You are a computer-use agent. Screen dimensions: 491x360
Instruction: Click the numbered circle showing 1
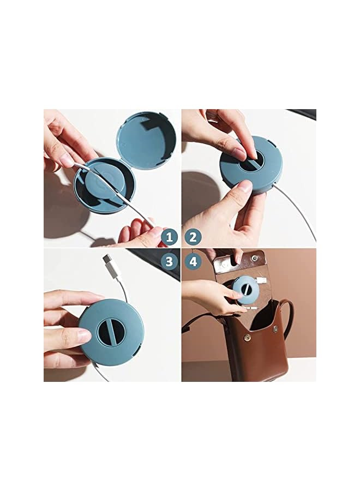tap(170, 237)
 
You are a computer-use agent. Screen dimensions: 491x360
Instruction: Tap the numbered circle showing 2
tap(193, 237)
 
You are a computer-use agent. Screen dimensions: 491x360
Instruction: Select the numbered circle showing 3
tap(170, 261)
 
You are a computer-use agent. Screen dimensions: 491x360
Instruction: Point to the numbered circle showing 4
tap(193, 261)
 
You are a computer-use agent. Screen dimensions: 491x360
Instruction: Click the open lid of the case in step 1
tap(146, 141)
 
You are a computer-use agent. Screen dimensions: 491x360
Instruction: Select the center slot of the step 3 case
tap(111, 332)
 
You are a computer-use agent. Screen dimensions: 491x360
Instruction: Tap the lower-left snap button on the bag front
tap(248, 338)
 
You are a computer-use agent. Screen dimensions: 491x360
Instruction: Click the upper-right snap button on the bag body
tap(275, 329)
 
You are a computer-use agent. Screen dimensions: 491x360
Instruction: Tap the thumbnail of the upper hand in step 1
tap(66, 159)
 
